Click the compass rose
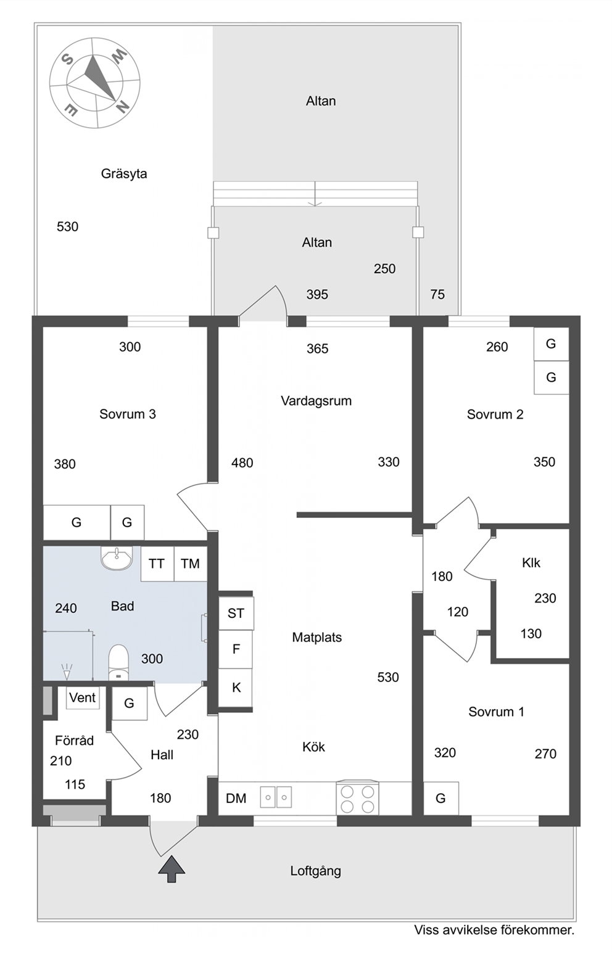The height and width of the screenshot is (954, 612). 94,83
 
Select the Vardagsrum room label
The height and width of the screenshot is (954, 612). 316,401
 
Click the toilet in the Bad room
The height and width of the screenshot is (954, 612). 118,663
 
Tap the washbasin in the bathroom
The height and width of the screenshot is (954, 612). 117,558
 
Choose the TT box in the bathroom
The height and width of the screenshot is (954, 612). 157,564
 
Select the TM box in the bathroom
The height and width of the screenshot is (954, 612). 190,564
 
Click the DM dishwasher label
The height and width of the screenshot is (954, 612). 236,799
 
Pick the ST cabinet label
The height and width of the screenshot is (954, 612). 236,613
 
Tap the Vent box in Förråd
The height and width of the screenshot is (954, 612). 83,697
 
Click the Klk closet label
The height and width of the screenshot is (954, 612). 531,563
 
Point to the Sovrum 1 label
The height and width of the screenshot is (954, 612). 496,712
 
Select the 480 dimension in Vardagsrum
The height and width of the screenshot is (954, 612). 242,463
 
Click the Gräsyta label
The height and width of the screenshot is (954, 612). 124,174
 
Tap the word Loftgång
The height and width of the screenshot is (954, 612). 316,871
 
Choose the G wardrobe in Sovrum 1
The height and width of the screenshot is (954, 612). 441,798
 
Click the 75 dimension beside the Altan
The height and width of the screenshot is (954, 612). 437,294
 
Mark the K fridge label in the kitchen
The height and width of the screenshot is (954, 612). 236,688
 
